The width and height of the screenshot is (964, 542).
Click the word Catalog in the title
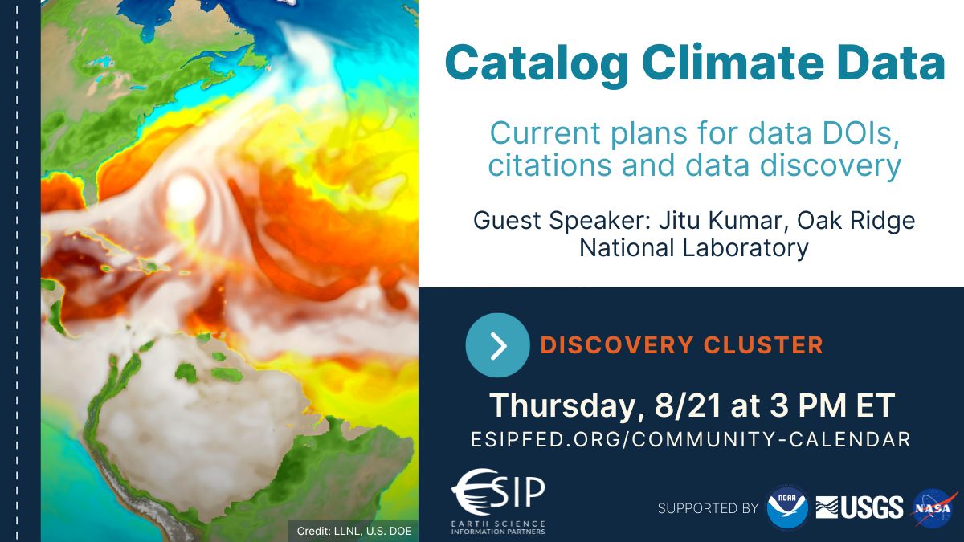click(537, 64)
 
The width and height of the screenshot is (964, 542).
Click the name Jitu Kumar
click(726, 221)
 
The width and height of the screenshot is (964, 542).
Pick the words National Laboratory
click(694, 248)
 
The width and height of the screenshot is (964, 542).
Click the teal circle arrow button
click(497, 345)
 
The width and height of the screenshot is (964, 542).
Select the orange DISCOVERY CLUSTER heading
click(682, 345)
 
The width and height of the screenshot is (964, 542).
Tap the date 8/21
click(688, 405)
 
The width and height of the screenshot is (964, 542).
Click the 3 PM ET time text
click(832, 405)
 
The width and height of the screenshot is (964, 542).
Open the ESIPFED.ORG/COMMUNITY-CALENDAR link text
click(691, 440)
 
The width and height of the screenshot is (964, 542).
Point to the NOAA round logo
click(787, 508)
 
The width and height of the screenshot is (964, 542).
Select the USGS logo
click(860, 507)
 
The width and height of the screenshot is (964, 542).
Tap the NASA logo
click(933, 508)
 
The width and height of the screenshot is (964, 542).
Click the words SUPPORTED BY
click(708, 508)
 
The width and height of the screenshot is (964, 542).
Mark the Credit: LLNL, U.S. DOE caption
click(354, 532)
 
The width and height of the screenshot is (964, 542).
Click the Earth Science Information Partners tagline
click(498, 528)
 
